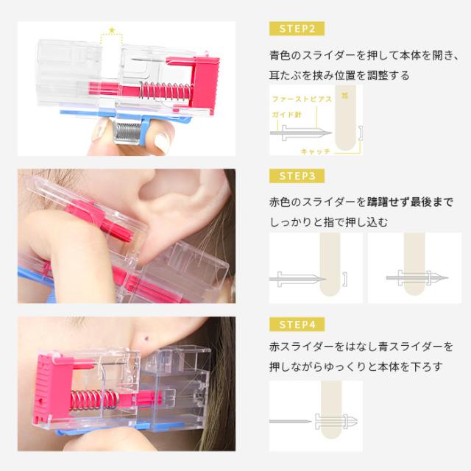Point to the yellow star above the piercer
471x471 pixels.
(112, 29)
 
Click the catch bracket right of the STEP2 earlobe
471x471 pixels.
(360, 134)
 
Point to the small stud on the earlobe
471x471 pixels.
(150, 337)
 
